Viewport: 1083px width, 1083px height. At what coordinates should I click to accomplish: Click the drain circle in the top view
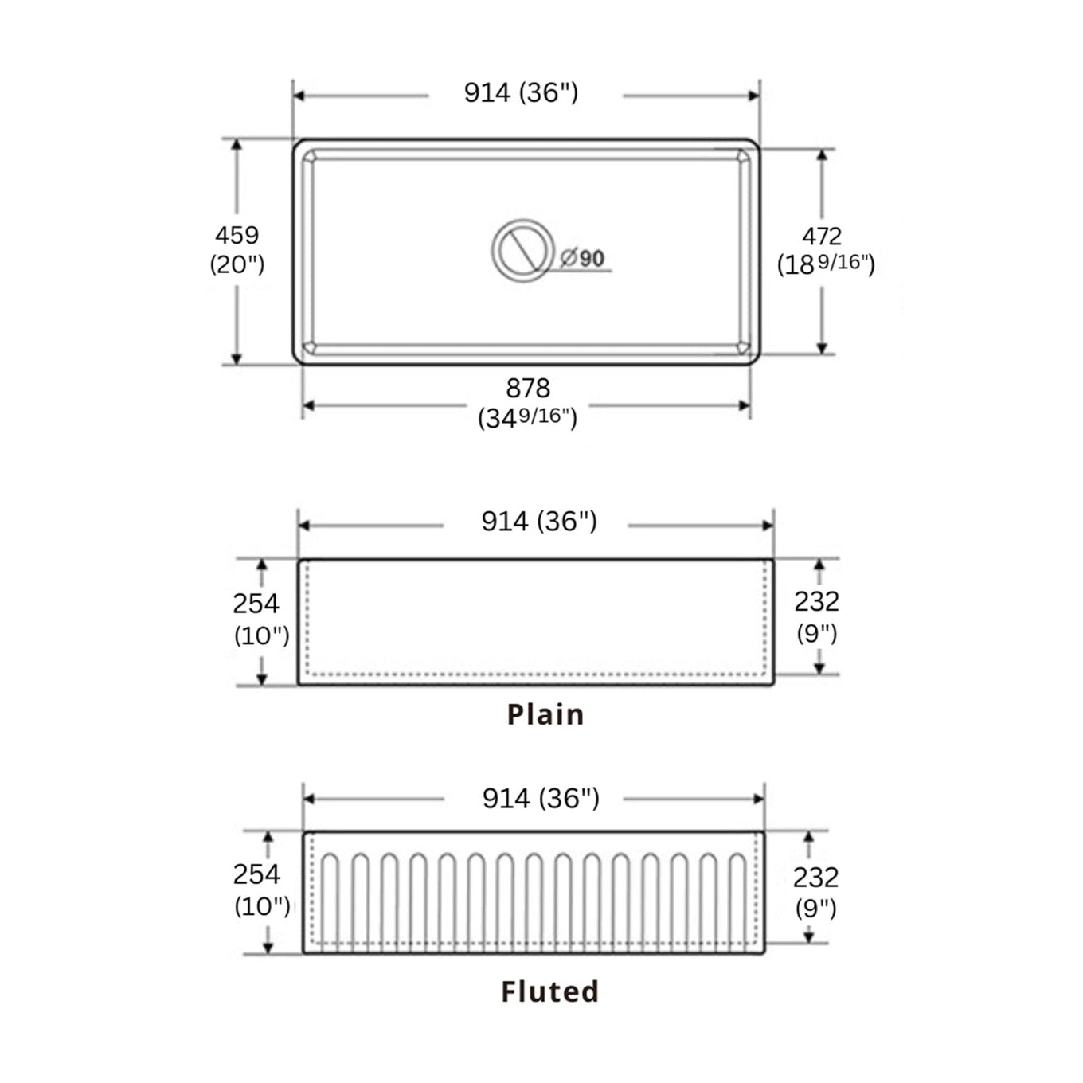pyautogui.click(x=522, y=249)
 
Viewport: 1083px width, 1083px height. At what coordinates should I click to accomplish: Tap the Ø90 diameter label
pyautogui.click(x=583, y=258)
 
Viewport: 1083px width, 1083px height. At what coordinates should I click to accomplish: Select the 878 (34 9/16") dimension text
pyautogui.click(x=527, y=403)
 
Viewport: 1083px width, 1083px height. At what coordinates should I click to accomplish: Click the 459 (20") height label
pyautogui.click(x=237, y=249)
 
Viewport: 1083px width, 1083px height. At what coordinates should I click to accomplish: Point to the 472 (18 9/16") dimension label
pyautogui.click(x=825, y=249)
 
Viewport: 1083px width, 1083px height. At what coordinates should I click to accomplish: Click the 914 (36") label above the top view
pyautogui.click(x=521, y=93)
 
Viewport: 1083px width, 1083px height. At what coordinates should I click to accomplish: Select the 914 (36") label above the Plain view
pyautogui.click(x=538, y=522)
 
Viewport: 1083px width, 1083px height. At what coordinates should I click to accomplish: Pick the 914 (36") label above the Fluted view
pyautogui.click(x=541, y=798)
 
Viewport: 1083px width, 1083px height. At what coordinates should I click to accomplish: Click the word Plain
pyautogui.click(x=545, y=714)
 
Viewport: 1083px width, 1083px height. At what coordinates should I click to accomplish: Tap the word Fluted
pyautogui.click(x=549, y=991)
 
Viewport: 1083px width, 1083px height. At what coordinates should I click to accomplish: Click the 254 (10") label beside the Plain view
pyautogui.click(x=258, y=619)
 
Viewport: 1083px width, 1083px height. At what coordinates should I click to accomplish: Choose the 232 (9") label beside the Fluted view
pyautogui.click(x=815, y=891)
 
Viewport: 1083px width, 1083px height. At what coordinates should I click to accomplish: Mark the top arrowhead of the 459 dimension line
pyautogui.click(x=237, y=144)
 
